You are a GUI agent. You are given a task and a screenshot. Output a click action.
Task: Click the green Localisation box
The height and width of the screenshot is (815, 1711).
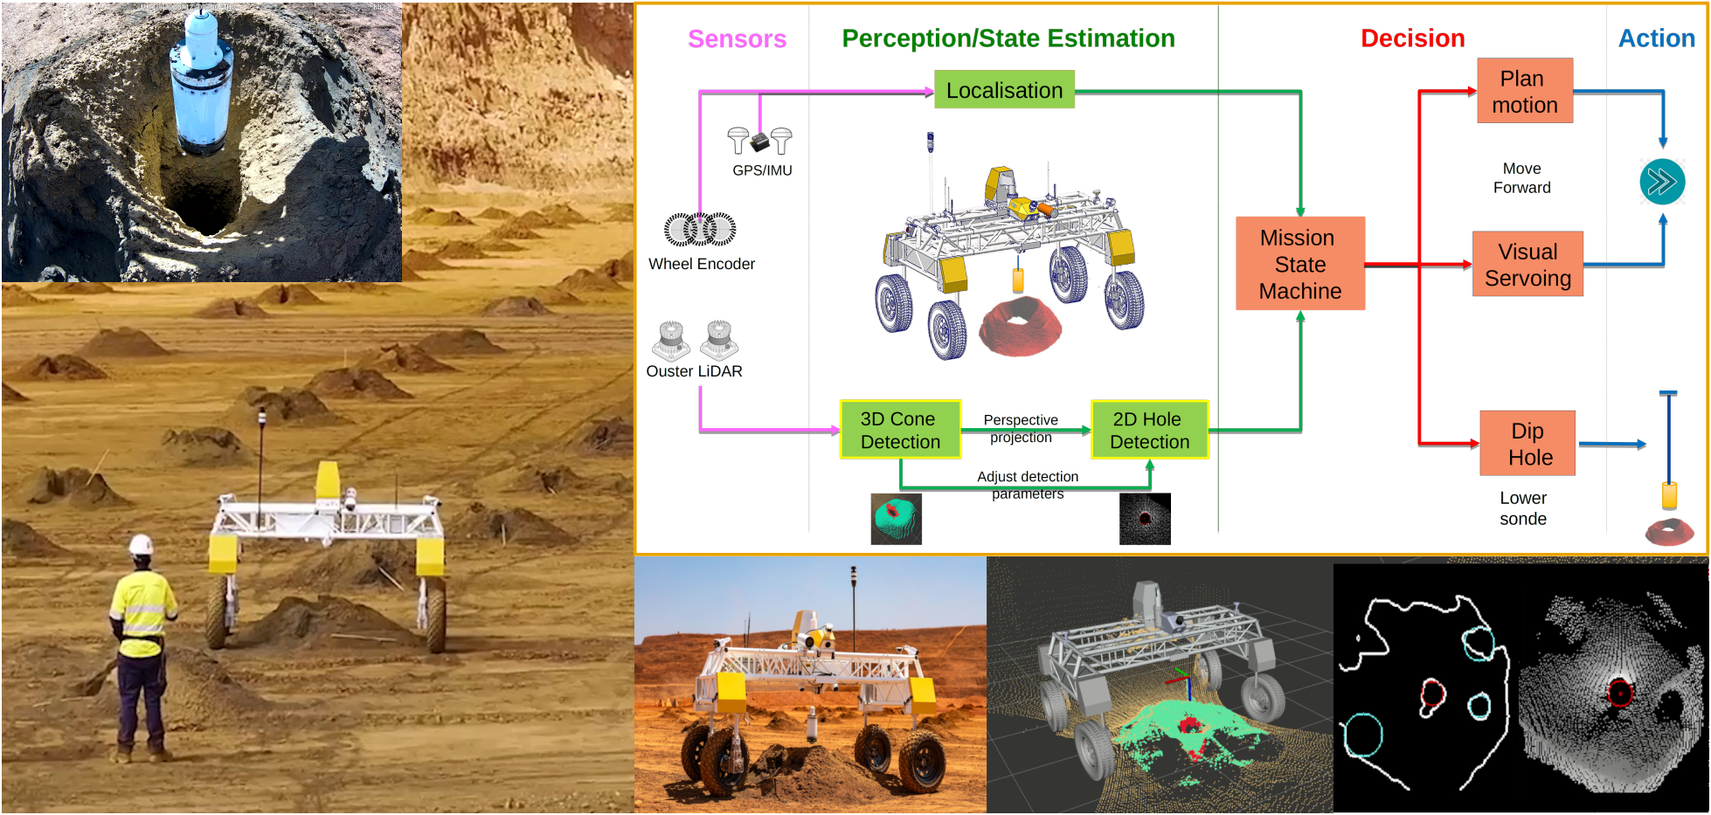click(x=1004, y=90)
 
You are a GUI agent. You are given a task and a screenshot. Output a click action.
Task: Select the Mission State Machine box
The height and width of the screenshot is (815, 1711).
click(x=1299, y=264)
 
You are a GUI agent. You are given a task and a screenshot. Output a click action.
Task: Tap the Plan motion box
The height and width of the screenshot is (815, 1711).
click(x=1524, y=91)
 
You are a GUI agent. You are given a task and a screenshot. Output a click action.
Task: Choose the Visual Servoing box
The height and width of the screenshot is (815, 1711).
click(x=1527, y=264)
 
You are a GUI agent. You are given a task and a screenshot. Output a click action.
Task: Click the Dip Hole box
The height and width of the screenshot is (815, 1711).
click(x=1527, y=444)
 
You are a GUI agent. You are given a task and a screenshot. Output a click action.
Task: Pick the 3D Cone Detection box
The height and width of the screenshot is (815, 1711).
click(x=900, y=430)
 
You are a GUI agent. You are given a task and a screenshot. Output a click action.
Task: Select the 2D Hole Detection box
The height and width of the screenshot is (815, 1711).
click(x=1149, y=430)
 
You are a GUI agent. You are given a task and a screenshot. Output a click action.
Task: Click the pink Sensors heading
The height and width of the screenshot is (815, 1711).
click(x=737, y=39)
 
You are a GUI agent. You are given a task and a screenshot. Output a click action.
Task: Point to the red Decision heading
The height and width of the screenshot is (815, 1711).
click(x=1412, y=38)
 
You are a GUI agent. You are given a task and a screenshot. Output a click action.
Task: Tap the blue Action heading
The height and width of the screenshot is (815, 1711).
click(x=1656, y=38)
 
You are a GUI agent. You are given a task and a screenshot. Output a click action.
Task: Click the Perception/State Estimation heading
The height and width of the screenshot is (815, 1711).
click(x=1008, y=38)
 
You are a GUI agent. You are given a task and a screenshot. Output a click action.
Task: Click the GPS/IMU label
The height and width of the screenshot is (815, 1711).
click(x=762, y=170)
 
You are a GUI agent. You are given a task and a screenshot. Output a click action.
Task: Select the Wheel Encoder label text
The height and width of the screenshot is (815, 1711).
click(x=701, y=264)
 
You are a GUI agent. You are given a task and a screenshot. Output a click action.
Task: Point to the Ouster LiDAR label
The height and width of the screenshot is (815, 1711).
click(x=694, y=371)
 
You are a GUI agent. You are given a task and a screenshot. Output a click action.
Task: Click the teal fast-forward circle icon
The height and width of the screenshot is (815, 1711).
click(x=1661, y=182)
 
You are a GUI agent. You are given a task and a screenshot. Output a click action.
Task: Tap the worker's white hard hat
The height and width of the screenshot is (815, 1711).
click(x=141, y=545)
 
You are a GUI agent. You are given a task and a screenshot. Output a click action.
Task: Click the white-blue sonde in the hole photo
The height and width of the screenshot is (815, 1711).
click(x=201, y=83)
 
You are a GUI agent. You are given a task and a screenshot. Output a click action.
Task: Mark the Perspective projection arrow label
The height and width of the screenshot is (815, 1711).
click(x=1021, y=428)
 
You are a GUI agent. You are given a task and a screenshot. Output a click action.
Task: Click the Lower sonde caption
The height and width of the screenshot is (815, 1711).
click(x=1522, y=508)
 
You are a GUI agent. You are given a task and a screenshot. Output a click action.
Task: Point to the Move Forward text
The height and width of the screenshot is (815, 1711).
click(x=1521, y=178)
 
